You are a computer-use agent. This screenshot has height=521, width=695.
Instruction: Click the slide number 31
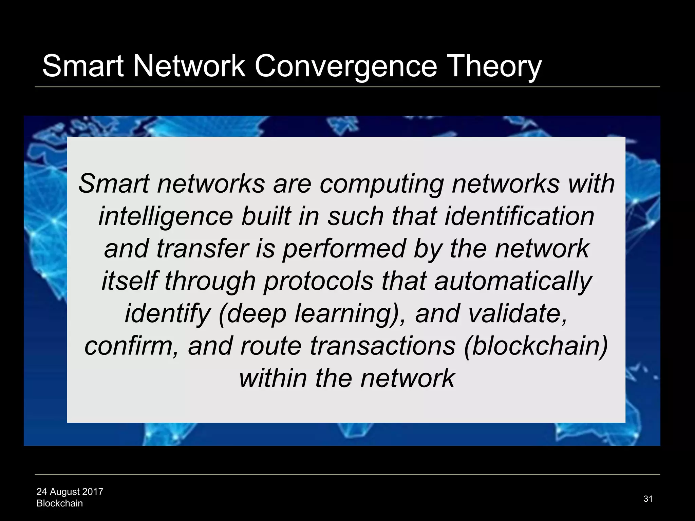coord(648,499)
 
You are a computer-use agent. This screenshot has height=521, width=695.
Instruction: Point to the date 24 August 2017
coord(70,491)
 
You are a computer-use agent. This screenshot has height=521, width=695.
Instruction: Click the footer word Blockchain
coord(60,503)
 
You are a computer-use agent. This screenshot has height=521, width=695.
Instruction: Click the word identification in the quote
coord(519,216)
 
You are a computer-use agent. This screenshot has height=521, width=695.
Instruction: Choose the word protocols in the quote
coord(318,281)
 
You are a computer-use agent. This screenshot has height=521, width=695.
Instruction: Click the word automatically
coord(513,281)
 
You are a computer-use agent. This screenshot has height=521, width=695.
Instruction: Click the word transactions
coord(382,346)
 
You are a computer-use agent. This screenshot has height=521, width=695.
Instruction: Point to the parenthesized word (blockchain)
coord(536,346)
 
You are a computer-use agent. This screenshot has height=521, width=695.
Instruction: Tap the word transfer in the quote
coord(203,249)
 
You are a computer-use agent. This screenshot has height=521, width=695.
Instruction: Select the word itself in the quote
coord(129,281)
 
